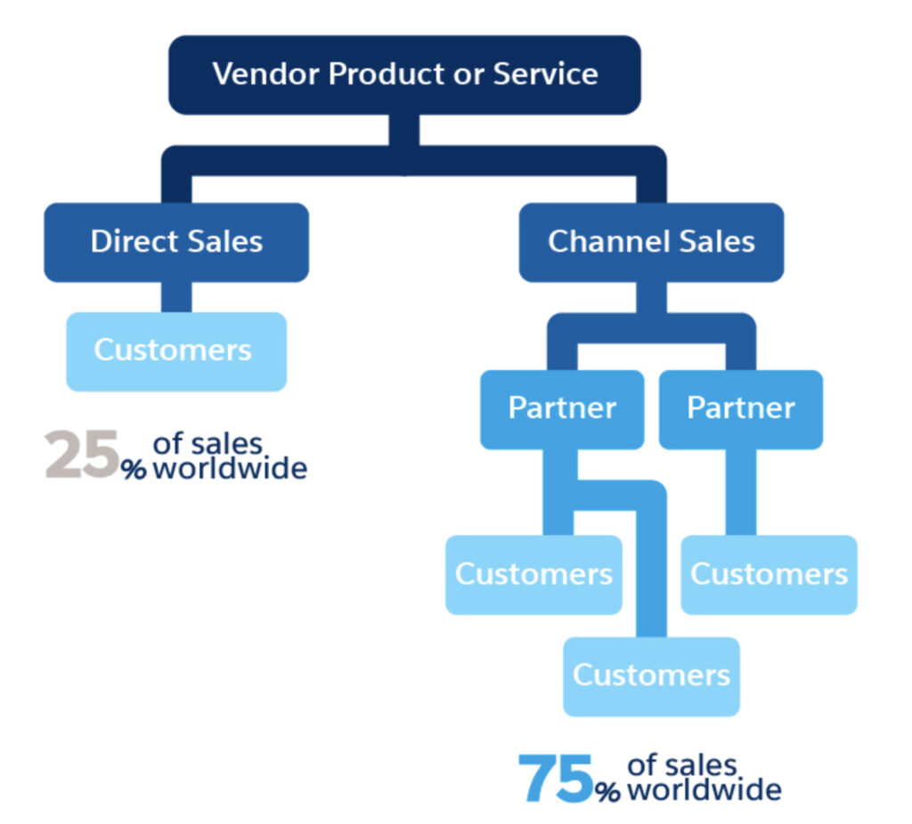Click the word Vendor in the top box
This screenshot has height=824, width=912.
point(266,74)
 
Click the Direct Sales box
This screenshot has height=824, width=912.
point(176,242)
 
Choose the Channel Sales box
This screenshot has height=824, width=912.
point(651,242)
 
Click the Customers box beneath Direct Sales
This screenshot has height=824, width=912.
point(175,351)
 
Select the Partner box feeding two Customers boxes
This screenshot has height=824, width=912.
point(561,408)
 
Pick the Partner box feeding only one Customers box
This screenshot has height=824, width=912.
point(740,408)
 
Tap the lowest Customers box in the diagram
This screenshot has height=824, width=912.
point(651,675)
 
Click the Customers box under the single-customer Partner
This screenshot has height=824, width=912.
point(769,575)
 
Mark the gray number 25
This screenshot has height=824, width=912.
point(82,455)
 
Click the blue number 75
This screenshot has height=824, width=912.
point(556,779)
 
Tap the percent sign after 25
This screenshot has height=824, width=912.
point(134,469)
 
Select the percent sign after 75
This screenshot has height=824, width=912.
point(608,792)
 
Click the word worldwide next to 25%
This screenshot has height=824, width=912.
point(230,468)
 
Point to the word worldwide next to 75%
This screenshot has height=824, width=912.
point(704,789)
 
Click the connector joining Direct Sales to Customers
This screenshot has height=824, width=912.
point(175,297)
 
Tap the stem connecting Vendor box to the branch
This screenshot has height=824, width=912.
point(404,130)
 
